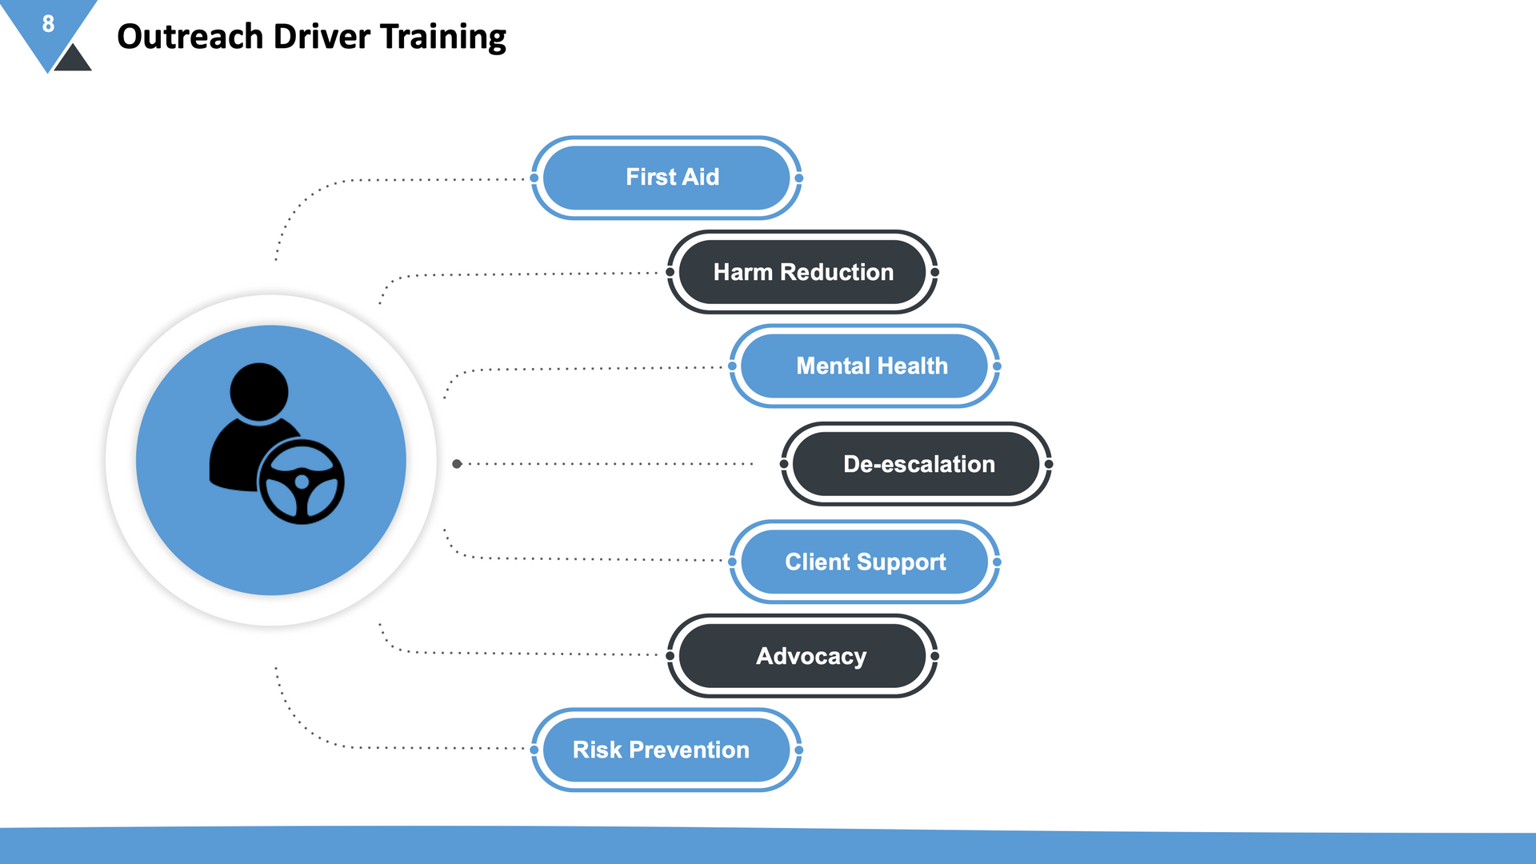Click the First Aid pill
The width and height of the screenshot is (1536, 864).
pos(666,178)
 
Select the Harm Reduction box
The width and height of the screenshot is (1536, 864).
pos(802,272)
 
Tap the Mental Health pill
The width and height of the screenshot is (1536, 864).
pos(865,366)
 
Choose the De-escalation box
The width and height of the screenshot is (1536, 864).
pos(916,464)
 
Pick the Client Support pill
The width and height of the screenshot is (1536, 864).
pos(865,562)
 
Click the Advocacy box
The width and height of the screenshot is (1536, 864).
pos(802,656)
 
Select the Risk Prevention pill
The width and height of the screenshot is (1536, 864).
pos(666,750)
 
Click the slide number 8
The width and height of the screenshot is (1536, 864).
pos(48,24)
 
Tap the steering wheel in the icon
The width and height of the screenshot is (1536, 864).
pos(302,482)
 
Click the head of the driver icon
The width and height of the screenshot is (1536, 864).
pos(258,392)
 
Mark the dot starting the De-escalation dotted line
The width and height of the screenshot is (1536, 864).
pos(457,464)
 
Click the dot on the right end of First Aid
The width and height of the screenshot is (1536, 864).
pos(798,178)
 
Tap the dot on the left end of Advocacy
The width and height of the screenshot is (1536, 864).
pos(670,656)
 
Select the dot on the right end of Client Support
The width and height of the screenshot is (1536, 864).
pos(997,562)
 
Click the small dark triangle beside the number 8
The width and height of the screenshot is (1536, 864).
pos(73,59)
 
